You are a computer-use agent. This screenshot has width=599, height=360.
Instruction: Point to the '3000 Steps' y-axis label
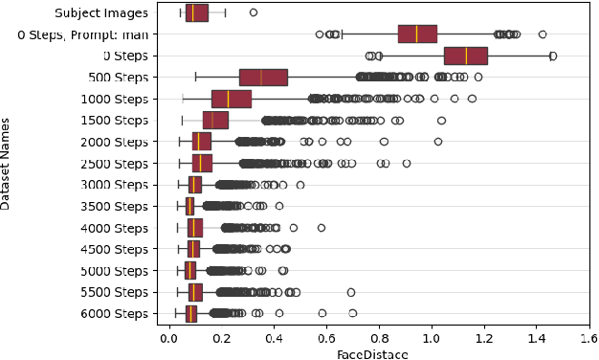click(x=114, y=185)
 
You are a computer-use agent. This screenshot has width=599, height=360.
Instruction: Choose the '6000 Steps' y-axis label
click(x=114, y=313)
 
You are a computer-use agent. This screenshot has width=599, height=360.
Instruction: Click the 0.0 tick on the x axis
click(x=168, y=338)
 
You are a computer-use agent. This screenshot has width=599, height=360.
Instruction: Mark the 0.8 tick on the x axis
click(x=379, y=338)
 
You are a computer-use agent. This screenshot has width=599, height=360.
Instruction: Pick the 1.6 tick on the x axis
click(x=588, y=338)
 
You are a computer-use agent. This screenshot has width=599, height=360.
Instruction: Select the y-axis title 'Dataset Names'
click(x=9, y=163)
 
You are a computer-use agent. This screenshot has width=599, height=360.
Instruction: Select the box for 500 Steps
click(x=263, y=77)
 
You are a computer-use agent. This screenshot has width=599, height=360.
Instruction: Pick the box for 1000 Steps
click(x=231, y=99)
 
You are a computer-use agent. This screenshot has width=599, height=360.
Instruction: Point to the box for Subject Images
click(x=196, y=12)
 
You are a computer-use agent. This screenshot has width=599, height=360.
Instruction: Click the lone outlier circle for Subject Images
click(x=253, y=12)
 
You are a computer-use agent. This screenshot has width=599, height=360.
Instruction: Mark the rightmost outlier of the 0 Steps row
click(x=553, y=56)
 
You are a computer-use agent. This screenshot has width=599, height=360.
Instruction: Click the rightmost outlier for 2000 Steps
click(x=438, y=142)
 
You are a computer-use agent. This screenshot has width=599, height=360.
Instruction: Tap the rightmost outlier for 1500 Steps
click(x=441, y=120)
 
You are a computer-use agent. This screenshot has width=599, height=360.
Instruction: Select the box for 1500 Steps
click(x=215, y=120)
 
